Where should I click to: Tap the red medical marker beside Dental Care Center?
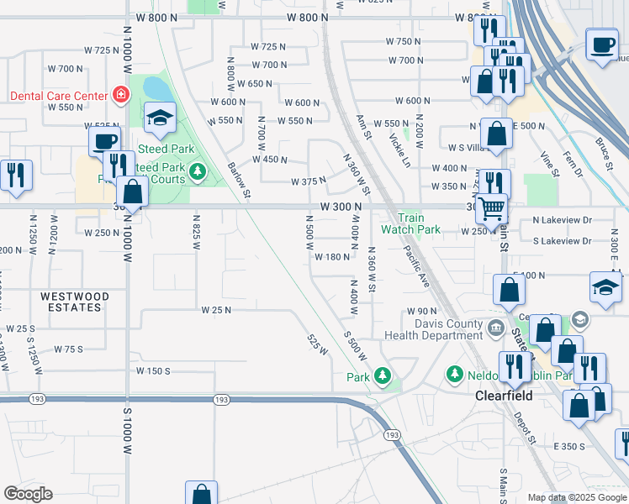pyautogui.click(x=121, y=94)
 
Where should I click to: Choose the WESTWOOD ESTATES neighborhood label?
pyautogui.click(x=71, y=302)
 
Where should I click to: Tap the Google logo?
pyautogui.click(x=29, y=494)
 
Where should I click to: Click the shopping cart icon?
pyautogui.click(x=492, y=206)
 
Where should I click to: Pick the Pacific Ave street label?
pyautogui.click(x=416, y=266)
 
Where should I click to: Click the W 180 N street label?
pyautogui.click(x=332, y=257)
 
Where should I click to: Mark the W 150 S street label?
pyautogui.click(x=153, y=370)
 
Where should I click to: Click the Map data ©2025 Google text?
pyautogui.click(x=576, y=497)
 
